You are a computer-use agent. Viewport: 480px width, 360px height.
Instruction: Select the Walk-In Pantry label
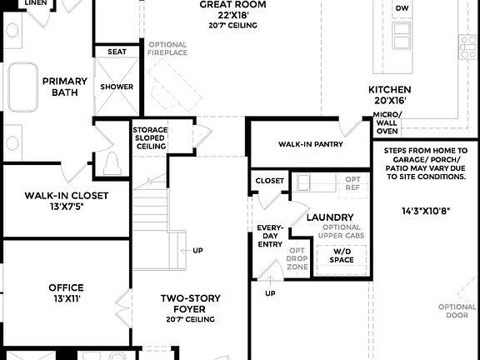[x=311, y=144]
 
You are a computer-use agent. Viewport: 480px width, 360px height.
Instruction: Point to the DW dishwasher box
[x=402, y=8]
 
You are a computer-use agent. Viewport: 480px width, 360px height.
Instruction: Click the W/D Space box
[x=342, y=255]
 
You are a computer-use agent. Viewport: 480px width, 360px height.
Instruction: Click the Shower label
[x=117, y=87]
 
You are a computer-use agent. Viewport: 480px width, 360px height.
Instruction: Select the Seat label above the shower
[x=117, y=52]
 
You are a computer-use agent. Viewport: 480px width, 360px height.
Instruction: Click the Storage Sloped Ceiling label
[x=150, y=138]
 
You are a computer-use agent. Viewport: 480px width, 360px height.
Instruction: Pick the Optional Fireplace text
[x=169, y=48]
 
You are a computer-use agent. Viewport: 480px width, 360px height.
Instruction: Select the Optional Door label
[x=457, y=312]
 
